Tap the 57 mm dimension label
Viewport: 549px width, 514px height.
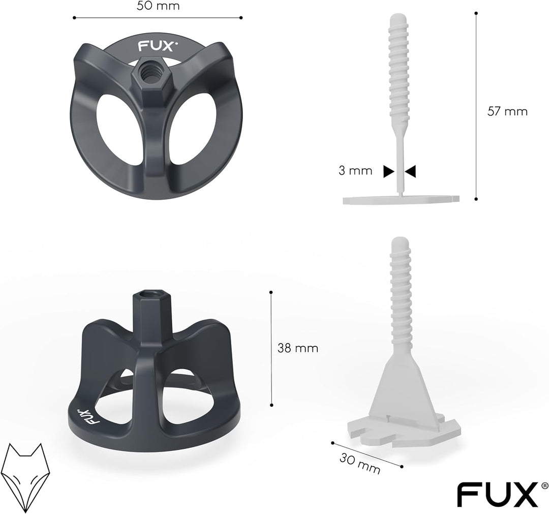[507, 111]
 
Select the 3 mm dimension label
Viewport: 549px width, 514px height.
[356, 171]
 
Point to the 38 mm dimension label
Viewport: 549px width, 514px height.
[297, 348]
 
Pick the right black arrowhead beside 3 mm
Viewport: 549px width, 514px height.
[411, 171]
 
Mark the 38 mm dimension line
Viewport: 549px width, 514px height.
[271, 348]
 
